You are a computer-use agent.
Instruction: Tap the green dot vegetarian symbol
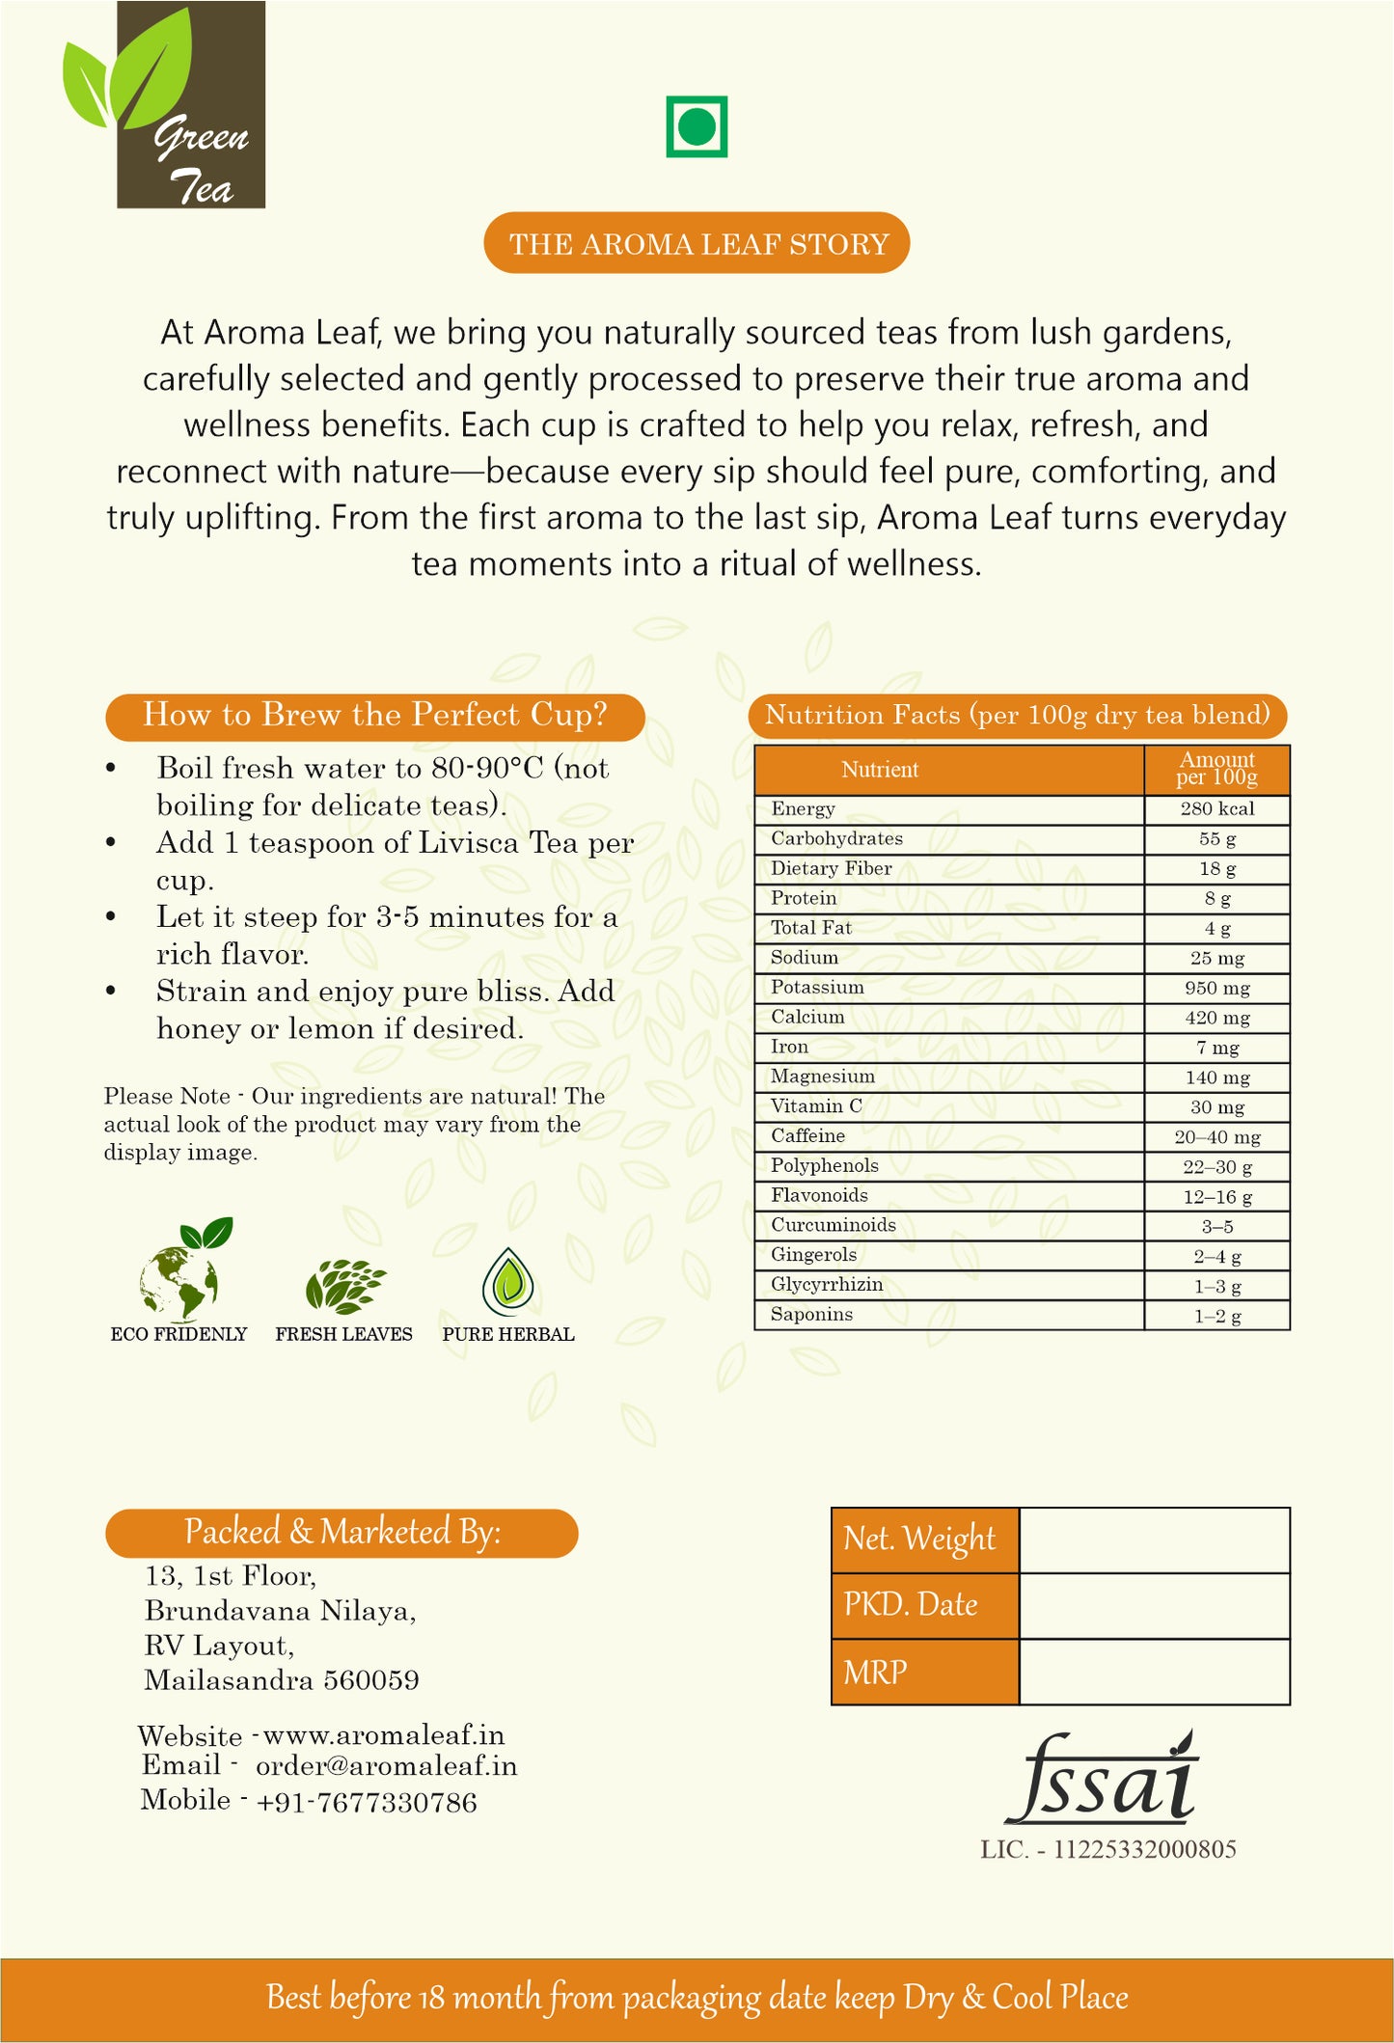tap(697, 126)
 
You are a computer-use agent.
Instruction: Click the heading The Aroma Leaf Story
tap(697, 243)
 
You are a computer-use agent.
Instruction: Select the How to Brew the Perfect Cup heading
tap(374, 716)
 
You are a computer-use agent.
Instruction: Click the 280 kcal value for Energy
tap(1216, 809)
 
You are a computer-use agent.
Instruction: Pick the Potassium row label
tap(817, 988)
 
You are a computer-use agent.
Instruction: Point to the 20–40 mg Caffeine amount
tap(1216, 1137)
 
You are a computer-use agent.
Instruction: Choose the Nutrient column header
tap(879, 770)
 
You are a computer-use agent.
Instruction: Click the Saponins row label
tap(811, 1315)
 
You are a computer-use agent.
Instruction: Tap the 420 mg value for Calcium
tap(1216, 1018)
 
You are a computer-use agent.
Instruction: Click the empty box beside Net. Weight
tap(1154, 1540)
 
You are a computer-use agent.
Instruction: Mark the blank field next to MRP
tap(1154, 1672)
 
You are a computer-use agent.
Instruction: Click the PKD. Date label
tap(911, 1605)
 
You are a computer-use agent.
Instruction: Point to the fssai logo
tap(1102, 1780)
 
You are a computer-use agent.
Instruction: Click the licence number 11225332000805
tap(1144, 1849)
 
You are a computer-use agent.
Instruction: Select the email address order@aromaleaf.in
tap(386, 1766)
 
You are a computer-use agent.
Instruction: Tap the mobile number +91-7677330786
tap(367, 1802)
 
